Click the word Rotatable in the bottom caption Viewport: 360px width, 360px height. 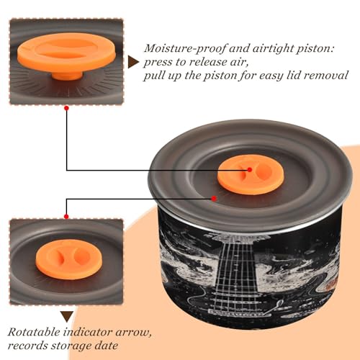[34, 333]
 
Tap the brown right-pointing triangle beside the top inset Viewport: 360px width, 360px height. [133, 62]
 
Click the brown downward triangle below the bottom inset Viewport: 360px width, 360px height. [67, 316]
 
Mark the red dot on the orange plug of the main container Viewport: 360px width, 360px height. [250, 170]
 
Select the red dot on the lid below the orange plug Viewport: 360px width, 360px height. [214, 199]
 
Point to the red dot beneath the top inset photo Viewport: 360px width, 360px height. [67, 108]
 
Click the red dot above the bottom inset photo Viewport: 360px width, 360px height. [66, 217]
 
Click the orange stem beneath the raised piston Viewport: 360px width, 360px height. [67, 75]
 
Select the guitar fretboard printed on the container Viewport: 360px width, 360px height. [236, 276]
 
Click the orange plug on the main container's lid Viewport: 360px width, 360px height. [251, 174]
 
